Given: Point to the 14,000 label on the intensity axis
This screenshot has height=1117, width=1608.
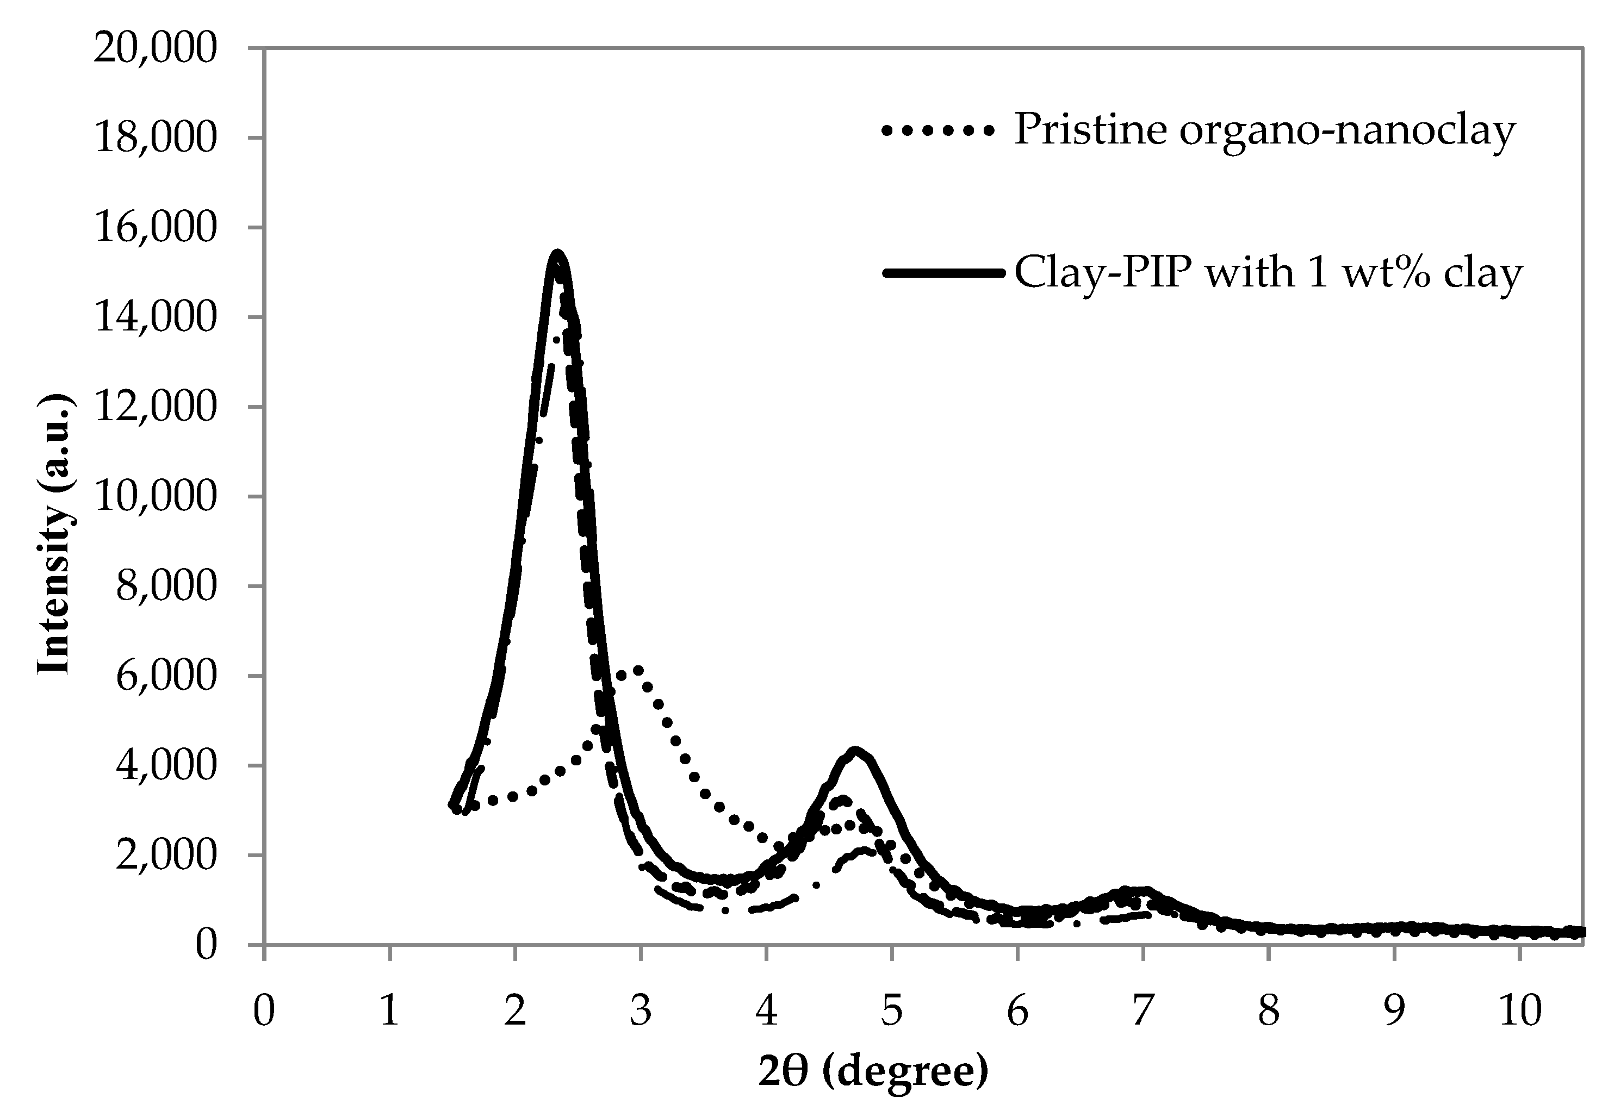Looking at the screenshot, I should tap(155, 319).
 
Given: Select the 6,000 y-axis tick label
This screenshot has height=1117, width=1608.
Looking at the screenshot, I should tap(165, 677).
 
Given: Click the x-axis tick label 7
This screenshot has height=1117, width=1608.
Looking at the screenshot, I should tap(1143, 1010).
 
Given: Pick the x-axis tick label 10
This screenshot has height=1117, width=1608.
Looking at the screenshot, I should tap(1520, 1010).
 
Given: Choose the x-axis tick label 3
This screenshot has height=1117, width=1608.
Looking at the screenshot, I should tap(640, 1010).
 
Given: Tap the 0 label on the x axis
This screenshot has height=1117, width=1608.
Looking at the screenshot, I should tap(264, 1010).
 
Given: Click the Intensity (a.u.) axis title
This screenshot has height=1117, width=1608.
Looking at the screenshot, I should tap(54, 534).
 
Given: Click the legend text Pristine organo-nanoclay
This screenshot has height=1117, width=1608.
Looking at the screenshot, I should tap(1264, 130).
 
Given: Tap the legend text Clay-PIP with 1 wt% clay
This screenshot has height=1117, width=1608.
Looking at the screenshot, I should tap(1268, 273).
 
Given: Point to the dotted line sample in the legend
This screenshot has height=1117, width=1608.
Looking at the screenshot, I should tap(936, 131).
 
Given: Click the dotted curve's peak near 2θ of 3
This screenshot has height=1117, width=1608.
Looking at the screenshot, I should tap(636, 670).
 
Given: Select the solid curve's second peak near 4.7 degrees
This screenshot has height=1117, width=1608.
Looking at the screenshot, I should tap(855, 751).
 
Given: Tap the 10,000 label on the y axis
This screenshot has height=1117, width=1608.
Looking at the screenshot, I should tap(155, 497).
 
